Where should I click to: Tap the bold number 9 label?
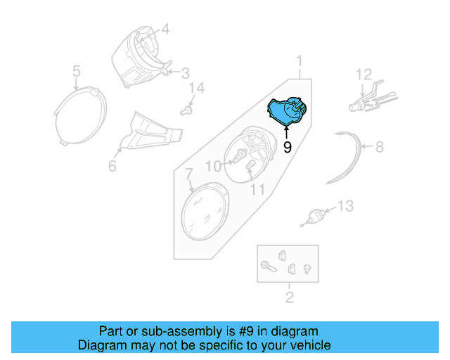coord(287,147)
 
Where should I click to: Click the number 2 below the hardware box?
coord(289,297)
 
